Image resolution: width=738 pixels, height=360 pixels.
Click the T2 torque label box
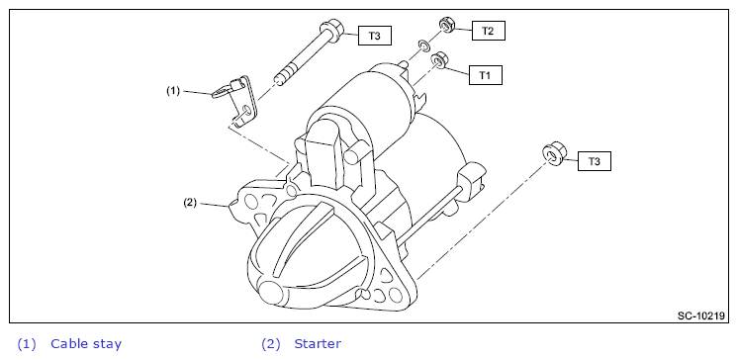(488, 31)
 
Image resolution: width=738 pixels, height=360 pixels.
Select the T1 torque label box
(486, 75)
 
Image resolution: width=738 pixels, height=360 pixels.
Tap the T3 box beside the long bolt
(375, 36)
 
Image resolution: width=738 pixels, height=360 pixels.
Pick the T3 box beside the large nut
(595, 161)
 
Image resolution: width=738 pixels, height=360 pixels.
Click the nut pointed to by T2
(446, 25)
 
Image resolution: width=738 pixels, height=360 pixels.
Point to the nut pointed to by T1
(439, 60)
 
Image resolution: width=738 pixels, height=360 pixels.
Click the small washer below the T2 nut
(423, 46)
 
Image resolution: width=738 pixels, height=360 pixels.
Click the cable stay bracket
(236, 100)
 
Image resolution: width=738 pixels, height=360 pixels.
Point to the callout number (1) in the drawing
(173, 91)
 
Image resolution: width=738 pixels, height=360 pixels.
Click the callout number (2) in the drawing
(190, 204)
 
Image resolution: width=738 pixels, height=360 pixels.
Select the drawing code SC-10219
(700, 315)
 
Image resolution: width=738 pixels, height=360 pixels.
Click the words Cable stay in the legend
(86, 344)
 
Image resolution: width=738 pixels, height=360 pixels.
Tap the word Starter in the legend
(318, 344)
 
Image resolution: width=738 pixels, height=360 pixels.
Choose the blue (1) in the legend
(27, 344)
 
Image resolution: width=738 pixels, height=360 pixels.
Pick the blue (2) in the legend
(271, 344)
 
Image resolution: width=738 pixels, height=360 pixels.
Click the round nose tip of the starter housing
(272, 294)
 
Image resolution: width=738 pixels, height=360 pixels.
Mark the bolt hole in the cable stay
(245, 111)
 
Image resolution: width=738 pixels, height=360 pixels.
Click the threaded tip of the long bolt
(282, 79)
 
